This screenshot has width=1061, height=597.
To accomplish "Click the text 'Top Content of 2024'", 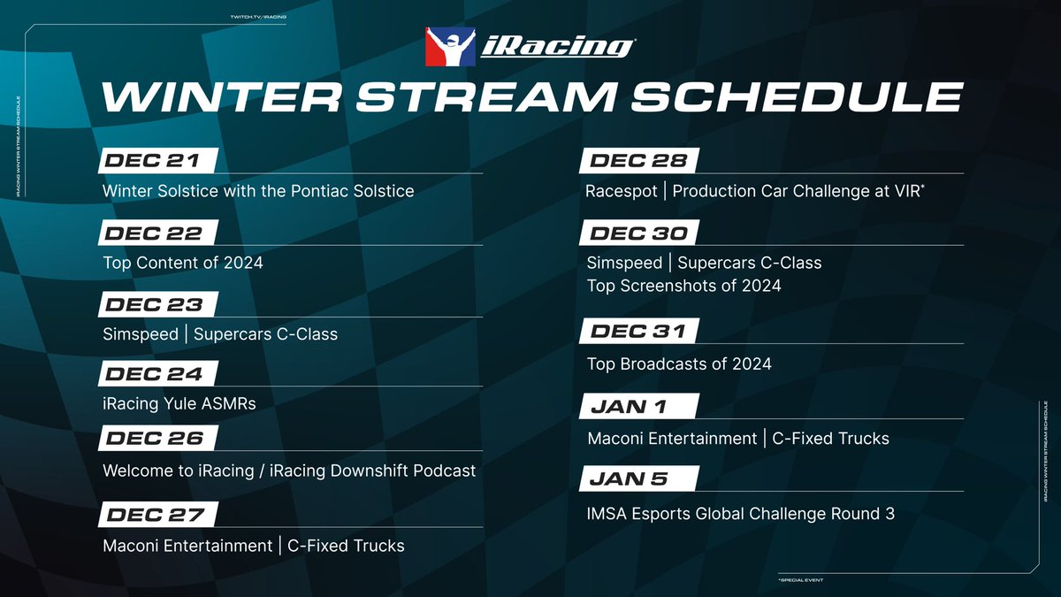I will coord(183,263).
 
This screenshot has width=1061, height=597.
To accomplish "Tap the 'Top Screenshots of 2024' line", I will coord(683,286).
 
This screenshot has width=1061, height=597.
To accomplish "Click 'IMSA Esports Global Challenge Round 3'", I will coord(741,513).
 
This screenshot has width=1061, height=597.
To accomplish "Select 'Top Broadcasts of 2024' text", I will coord(679,364).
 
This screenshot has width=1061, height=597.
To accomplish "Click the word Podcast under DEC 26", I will coord(445,471).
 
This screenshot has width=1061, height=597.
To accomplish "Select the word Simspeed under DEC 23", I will coord(140,334).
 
